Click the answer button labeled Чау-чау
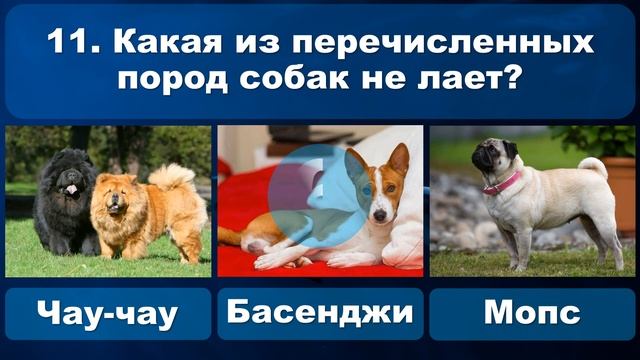coord(108,313)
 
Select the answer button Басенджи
coord(319,313)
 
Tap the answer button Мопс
coord(532,313)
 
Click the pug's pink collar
coord(503,183)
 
